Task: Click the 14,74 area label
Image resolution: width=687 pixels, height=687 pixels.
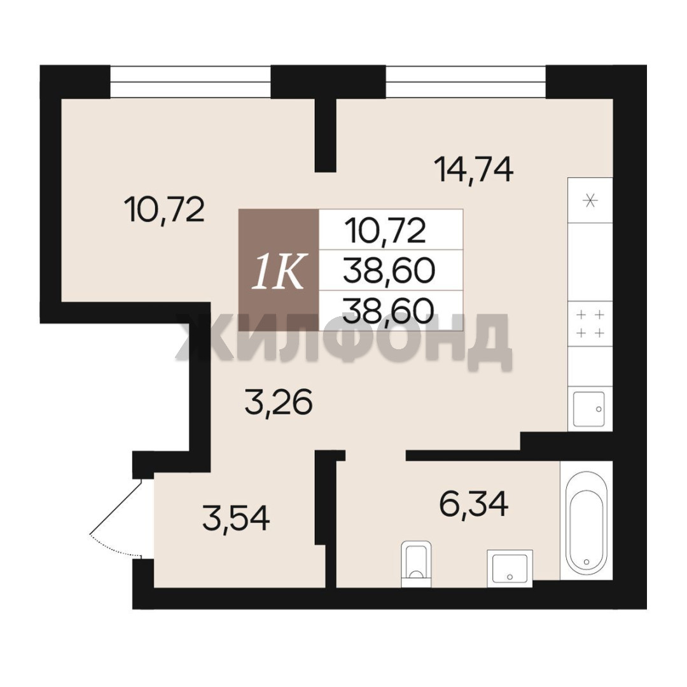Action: pyautogui.click(x=473, y=170)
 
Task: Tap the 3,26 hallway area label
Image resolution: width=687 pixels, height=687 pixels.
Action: pyautogui.click(x=279, y=402)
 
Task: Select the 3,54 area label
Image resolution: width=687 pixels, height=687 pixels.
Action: pyautogui.click(x=236, y=518)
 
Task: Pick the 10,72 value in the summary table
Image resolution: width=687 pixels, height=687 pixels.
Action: pyautogui.click(x=385, y=231)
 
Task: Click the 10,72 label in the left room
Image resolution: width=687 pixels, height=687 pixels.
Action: pyautogui.click(x=164, y=209)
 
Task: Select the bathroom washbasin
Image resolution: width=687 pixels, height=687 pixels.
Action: pyautogui.click(x=510, y=568)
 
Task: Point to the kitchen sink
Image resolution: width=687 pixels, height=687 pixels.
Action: pyautogui.click(x=589, y=409)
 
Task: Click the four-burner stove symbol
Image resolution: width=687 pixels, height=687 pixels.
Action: pyautogui.click(x=590, y=324)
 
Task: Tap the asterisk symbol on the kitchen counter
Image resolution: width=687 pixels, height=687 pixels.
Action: pyautogui.click(x=590, y=201)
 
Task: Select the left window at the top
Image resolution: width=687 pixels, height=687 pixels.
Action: pyautogui.click(x=190, y=81)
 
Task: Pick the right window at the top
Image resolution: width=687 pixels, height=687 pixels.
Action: pyautogui.click(x=466, y=81)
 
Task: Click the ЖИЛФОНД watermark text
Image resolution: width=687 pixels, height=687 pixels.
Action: pyautogui.click(x=344, y=338)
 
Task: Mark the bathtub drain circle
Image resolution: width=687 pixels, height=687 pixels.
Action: pyautogui.click(x=586, y=562)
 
